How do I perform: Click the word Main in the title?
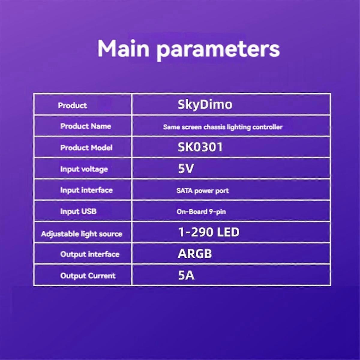123,48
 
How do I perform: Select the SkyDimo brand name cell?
205,105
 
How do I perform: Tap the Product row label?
72,106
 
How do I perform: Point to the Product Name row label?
85,126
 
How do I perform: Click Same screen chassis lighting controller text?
223,127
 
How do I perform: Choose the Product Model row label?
86,148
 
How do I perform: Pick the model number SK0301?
200,147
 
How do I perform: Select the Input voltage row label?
84,169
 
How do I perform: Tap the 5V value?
186,168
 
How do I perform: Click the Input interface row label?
86,190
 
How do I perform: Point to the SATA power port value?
202,191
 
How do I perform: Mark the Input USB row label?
78,211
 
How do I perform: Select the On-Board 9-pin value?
201,212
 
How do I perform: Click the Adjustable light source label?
82,234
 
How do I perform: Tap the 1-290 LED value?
209,232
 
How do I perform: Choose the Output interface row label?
90,254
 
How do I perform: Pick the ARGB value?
195,253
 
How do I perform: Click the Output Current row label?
88,276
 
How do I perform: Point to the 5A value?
186,275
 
